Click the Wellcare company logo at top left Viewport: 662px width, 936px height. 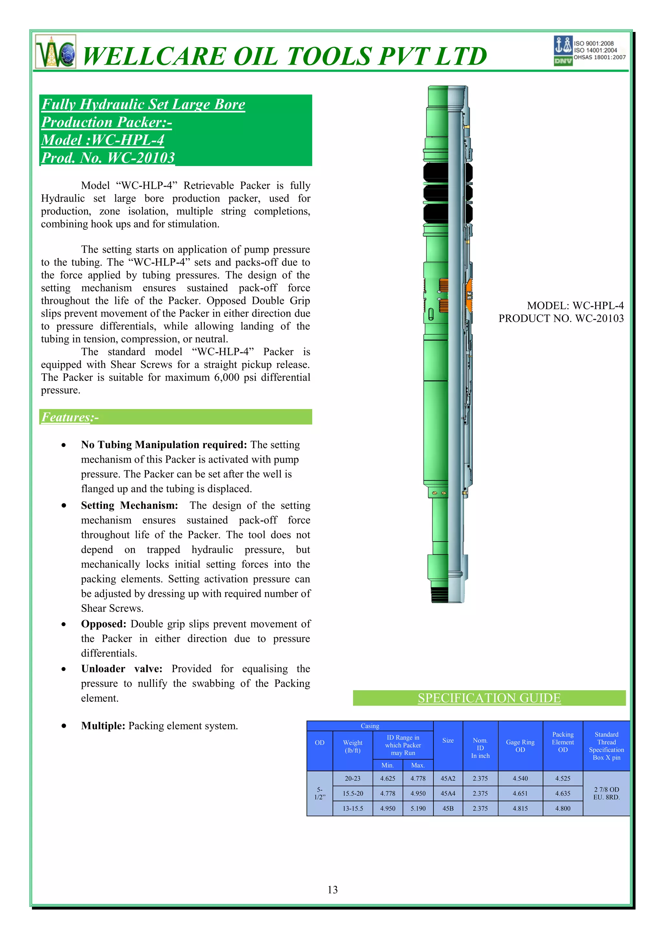pyautogui.click(x=56, y=52)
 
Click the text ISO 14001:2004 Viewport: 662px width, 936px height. pyautogui.click(x=595, y=50)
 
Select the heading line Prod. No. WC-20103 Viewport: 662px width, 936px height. pyautogui.click(x=108, y=158)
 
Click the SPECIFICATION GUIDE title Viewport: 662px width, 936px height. pyautogui.click(x=489, y=698)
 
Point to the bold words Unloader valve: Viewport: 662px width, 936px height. pyautogui.click(x=122, y=668)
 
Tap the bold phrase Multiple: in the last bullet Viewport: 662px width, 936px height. pyautogui.click(x=103, y=726)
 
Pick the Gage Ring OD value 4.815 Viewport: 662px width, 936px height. pyautogui.click(x=520, y=808)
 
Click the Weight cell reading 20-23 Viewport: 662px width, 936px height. pyautogui.click(x=352, y=778)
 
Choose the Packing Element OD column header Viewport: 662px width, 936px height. pyautogui.click(x=562, y=742)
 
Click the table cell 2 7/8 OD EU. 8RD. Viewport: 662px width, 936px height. pyautogui.click(x=606, y=793)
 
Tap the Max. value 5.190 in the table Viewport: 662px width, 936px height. pyautogui.click(x=418, y=808)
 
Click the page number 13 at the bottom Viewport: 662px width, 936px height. pyautogui.click(x=332, y=890)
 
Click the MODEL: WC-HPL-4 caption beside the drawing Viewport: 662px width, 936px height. pyautogui.click(x=575, y=305)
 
